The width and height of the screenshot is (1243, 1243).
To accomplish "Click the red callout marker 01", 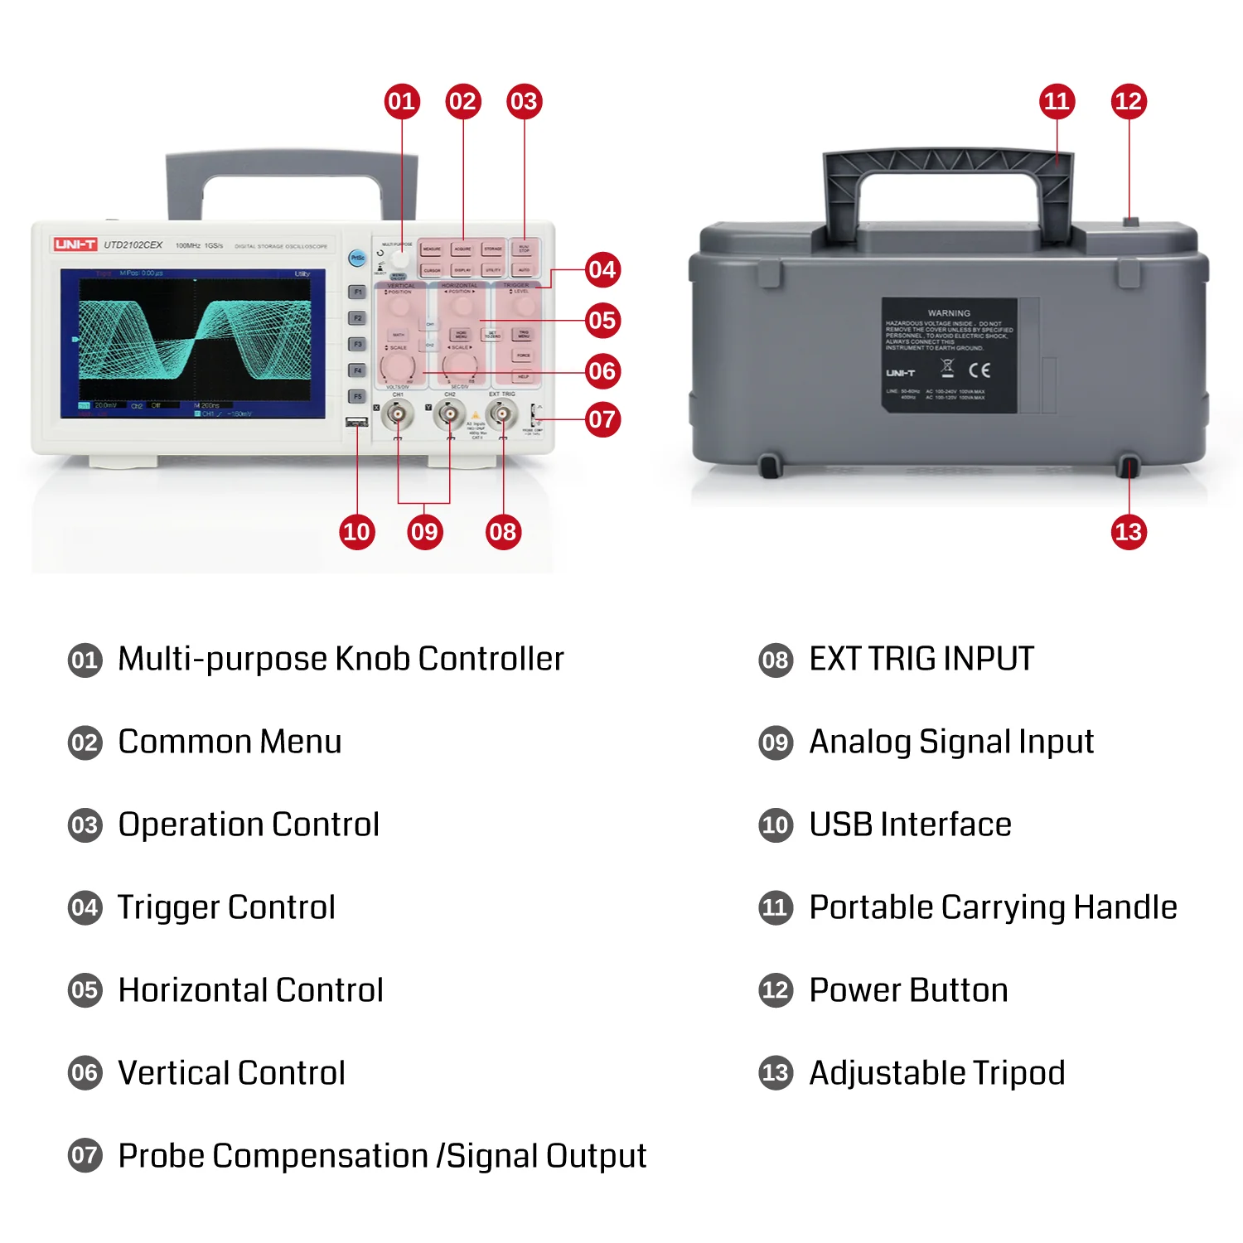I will (402, 101).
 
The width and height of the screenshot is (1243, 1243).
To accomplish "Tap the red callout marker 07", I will (602, 419).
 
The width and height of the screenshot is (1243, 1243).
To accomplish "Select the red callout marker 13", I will (1129, 531).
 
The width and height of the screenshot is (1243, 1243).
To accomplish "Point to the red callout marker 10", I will (357, 531).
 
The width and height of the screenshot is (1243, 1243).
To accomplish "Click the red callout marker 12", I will (1129, 101).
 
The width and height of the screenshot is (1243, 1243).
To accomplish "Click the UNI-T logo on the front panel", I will (75, 244).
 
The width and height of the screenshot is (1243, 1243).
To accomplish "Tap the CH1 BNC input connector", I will (398, 413).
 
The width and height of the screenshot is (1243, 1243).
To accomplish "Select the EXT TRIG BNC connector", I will (502, 413).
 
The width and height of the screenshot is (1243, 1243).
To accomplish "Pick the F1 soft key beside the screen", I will (357, 292).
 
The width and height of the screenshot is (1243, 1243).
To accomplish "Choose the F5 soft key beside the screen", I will (357, 396).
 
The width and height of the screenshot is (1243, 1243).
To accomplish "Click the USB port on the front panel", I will (356, 423).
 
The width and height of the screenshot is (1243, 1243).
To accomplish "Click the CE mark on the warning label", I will (979, 370).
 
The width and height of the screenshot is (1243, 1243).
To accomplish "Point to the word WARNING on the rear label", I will (949, 313).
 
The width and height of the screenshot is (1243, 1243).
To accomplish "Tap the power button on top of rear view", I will (1130, 222).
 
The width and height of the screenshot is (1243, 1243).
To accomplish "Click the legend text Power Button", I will (908, 990).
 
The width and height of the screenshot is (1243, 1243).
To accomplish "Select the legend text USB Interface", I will (910, 825).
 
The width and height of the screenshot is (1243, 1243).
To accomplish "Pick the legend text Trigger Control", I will (226, 907).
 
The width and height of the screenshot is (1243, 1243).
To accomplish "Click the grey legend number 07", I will (85, 1155).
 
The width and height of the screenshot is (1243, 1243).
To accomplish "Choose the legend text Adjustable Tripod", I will (936, 1073).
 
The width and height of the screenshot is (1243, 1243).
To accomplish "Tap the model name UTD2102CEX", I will (133, 245).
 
